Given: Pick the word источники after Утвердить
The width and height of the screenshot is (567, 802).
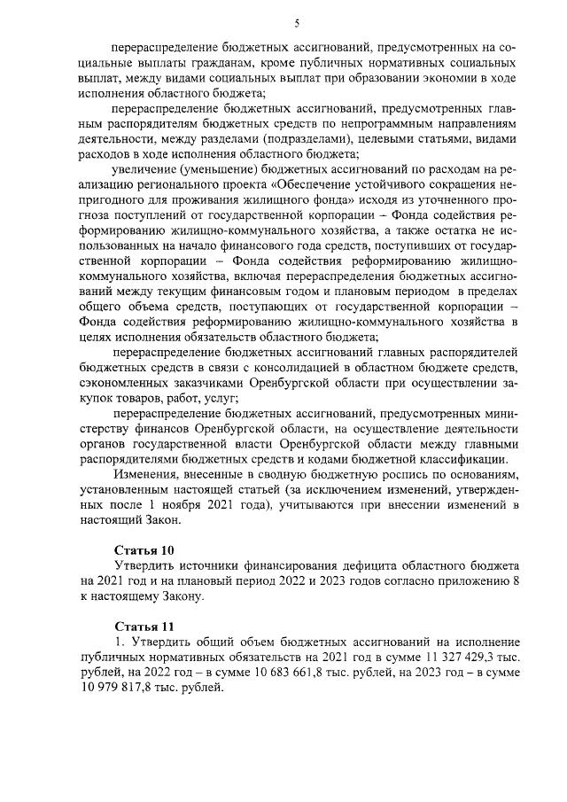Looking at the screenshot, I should (206, 565).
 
